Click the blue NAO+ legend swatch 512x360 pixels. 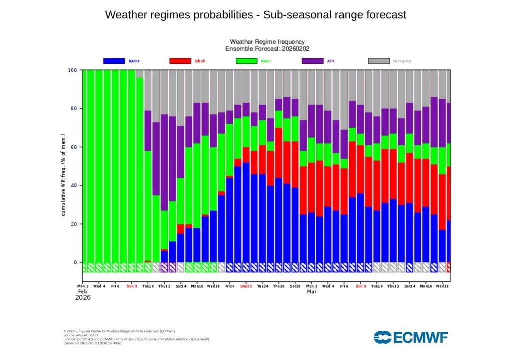[x=114, y=61]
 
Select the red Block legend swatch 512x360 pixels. [x=180, y=61]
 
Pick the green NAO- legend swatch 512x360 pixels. [x=246, y=61]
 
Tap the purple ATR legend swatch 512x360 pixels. [x=313, y=61]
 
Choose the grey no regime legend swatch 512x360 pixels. [x=379, y=61]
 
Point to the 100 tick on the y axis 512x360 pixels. [x=73, y=70]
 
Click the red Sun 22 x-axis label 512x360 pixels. [x=246, y=286]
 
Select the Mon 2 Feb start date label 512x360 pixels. [x=83, y=286]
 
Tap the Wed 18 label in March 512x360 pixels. [x=442, y=286]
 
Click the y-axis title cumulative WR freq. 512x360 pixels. [x=64, y=175]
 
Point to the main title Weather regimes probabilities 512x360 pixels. [x=256, y=15]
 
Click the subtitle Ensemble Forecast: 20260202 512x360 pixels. [x=266, y=49]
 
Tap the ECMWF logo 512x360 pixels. [x=411, y=337]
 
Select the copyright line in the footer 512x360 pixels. [x=119, y=331]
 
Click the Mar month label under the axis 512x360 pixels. [x=312, y=291]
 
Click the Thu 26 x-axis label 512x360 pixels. [x=278, y=286]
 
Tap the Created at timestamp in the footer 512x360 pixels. [x=92, y=343]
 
